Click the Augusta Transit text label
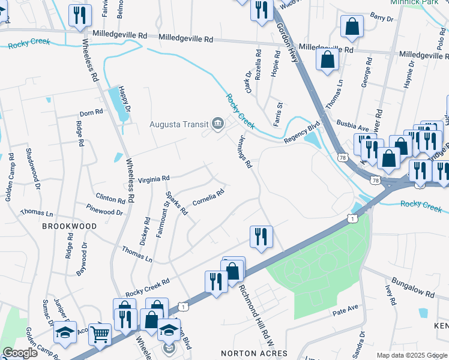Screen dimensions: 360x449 tap(178, 125)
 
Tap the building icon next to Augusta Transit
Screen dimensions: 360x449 tap(217, 125)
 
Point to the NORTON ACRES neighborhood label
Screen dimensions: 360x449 tap(246, 353)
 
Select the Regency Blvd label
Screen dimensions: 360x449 tap(302, 131)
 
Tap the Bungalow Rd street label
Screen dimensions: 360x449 tap(412, 287)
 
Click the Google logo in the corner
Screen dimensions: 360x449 tap(20, 353)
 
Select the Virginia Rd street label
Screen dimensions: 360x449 tap(154, 178)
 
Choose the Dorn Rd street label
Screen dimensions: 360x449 tap(91, 112)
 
